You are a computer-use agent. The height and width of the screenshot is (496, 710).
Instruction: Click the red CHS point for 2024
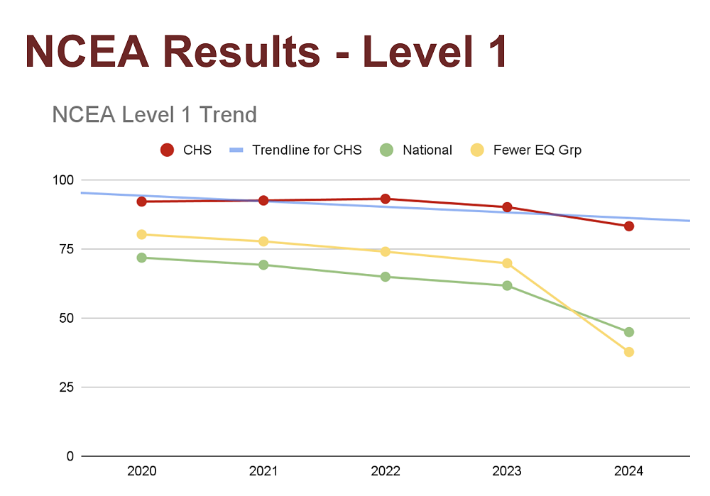[x=628, y=226]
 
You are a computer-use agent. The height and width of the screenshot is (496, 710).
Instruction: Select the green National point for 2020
[x=141, y=258]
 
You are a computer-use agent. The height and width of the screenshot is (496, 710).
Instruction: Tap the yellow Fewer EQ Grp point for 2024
[x=628, y=352]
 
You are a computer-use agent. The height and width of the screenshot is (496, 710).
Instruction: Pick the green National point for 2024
[x=628, y=332]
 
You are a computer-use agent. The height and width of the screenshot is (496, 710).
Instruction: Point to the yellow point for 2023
[x=507, y=263]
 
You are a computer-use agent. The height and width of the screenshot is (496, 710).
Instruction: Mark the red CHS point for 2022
[x=385, y=199]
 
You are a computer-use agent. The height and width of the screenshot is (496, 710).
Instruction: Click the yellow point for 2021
[x=263, y=241]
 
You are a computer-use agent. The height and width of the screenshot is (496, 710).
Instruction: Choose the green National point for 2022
[x=385, y=277]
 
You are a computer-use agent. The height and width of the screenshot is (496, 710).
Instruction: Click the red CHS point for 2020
[x=141, y=202]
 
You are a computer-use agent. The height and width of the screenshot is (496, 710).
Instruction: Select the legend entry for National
[x=427, y=150]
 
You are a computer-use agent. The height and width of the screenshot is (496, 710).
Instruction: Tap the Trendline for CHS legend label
[x=307, y=150]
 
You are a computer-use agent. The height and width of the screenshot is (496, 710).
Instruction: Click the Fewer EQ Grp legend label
[x=537, y=150]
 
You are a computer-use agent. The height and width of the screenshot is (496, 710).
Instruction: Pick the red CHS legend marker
[x=167, y=150]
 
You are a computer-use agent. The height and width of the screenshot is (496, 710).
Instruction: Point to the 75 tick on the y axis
[x=65, y=249]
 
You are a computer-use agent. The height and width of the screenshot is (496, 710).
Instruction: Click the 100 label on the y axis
[x=63, y=180]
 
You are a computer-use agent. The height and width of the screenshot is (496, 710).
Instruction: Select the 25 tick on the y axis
[x=65, y=387]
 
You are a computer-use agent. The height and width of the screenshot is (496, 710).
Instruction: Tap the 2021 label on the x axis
[x=263, y=471]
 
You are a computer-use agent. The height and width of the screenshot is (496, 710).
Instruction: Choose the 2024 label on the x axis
[x=628, y=471]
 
